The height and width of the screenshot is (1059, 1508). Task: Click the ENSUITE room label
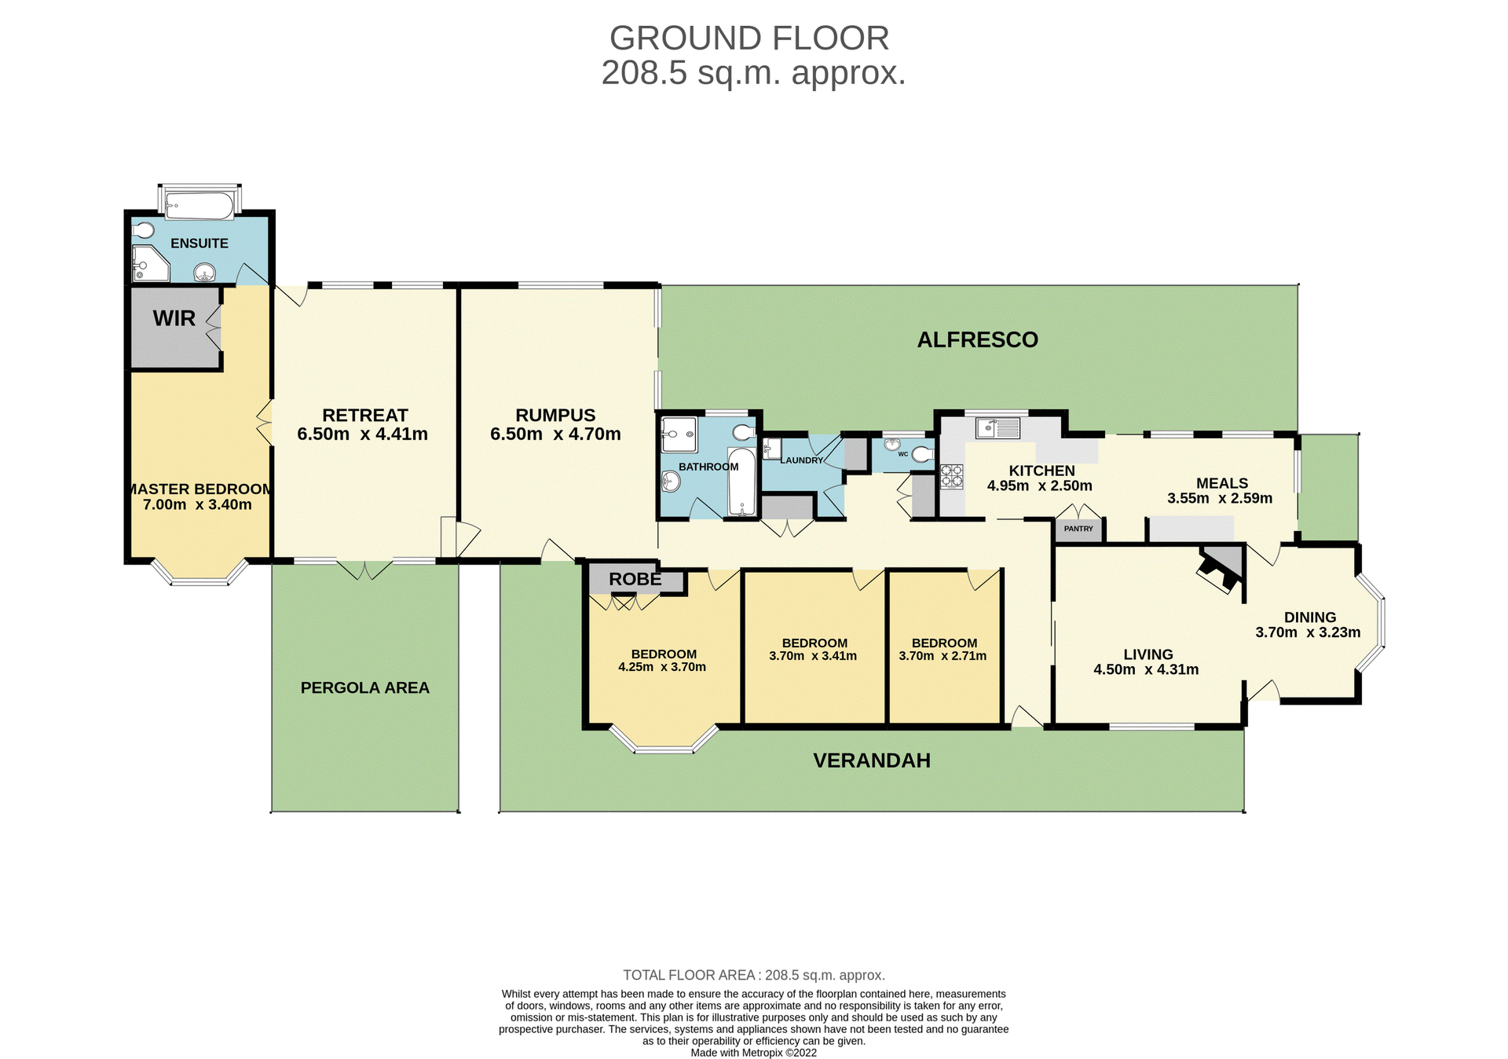[x=199, y=244]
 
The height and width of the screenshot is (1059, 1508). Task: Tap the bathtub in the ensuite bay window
[x=199, y=207]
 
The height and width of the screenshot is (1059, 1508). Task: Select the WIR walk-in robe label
[x=174, y=318]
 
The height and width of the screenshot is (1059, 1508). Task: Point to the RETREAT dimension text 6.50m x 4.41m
[x=362, y=434]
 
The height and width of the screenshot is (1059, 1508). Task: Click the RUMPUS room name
[x=555, y=415]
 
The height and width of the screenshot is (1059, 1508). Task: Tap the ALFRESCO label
[x=977, y=339]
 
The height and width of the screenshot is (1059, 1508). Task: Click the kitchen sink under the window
[x=997, y=428]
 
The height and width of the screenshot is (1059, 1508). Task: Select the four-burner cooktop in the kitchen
[x=952, y=477]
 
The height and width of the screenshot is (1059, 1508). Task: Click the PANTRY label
[x=1078, y=529]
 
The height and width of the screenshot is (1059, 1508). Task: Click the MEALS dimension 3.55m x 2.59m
[x=1220, y=498]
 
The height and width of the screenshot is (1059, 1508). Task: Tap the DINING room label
[x=1309, y=617]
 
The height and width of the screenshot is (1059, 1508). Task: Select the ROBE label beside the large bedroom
[x=635, y=580]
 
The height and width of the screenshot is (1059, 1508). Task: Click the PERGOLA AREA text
[x=364, y=688]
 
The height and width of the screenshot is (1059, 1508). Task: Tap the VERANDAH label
[x=871, y=760]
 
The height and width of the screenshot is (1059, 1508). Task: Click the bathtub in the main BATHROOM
[x=741, y=482]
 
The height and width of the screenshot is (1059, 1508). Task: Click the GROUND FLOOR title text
[x=749, y=38]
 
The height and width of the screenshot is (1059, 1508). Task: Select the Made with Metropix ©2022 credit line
[x=753, y=1053]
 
